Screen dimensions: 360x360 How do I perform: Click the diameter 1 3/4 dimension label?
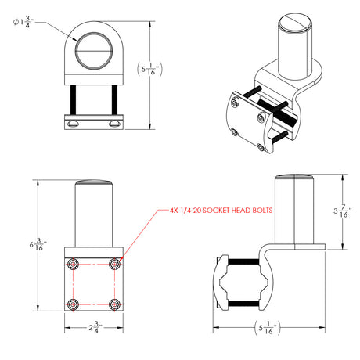click(20, 21)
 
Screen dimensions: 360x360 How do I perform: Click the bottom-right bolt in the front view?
click(115, 302)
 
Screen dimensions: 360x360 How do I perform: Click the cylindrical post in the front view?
click(94, 219)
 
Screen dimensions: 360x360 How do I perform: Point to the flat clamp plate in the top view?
click(94, 122)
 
